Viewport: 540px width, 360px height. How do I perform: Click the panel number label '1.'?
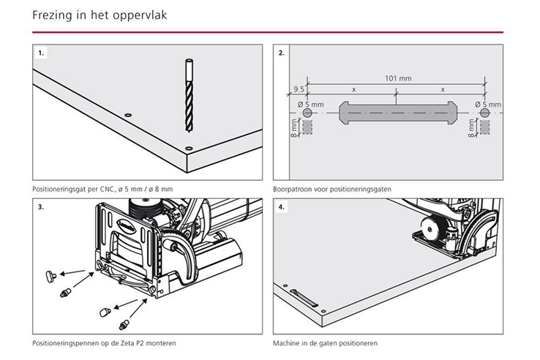coord(42,53)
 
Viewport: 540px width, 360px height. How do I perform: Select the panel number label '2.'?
coord(282,53)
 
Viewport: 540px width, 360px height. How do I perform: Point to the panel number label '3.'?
coord(42,207)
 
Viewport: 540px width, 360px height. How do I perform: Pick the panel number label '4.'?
coord(282,207)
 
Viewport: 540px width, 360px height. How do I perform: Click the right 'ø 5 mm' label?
coord(488,105)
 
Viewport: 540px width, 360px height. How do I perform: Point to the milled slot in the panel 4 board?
coord(304,296)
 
